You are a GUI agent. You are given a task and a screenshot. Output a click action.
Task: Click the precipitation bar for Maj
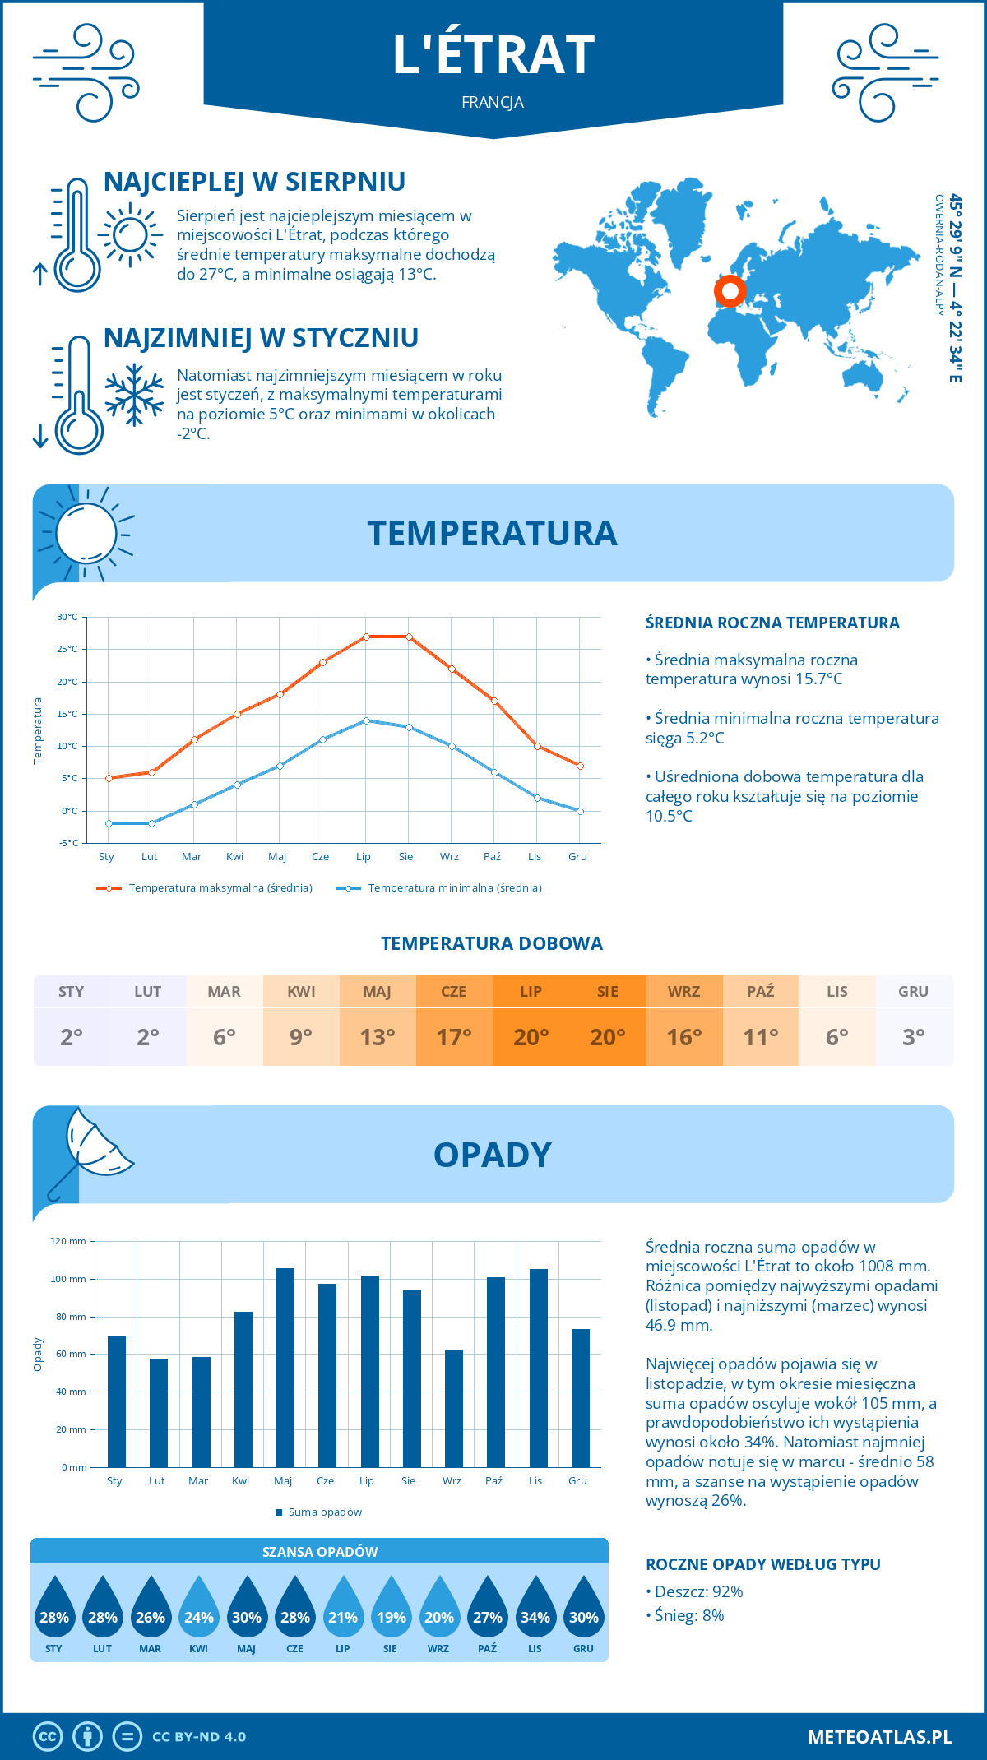pos(285,1367)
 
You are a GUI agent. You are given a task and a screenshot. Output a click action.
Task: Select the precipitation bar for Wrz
pos(454,1408)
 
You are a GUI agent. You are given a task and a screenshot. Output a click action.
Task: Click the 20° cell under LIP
pos(531,1037)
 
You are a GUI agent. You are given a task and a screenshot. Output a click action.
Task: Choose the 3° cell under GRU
pos(914,1037)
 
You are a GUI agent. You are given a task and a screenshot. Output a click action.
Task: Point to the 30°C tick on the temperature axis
pos(67,617)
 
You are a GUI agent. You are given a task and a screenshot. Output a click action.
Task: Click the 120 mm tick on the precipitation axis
pos(69,1241)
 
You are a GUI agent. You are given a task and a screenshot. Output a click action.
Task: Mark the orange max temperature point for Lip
pos(366,637)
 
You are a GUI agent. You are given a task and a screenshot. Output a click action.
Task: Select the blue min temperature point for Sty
pos(109,823)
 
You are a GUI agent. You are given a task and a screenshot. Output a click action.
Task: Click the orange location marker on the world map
pos(730,290)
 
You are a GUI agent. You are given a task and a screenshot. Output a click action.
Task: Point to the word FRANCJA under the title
pos(493,102)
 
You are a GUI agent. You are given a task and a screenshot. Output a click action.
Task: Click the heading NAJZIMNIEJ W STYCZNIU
pos(261,338)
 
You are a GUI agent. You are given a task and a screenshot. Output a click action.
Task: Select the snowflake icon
pos(134,395)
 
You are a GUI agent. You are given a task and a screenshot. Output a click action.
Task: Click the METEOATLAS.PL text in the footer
pos(879,1737)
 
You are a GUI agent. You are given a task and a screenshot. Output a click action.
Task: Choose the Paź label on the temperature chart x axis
pos(492,857)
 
